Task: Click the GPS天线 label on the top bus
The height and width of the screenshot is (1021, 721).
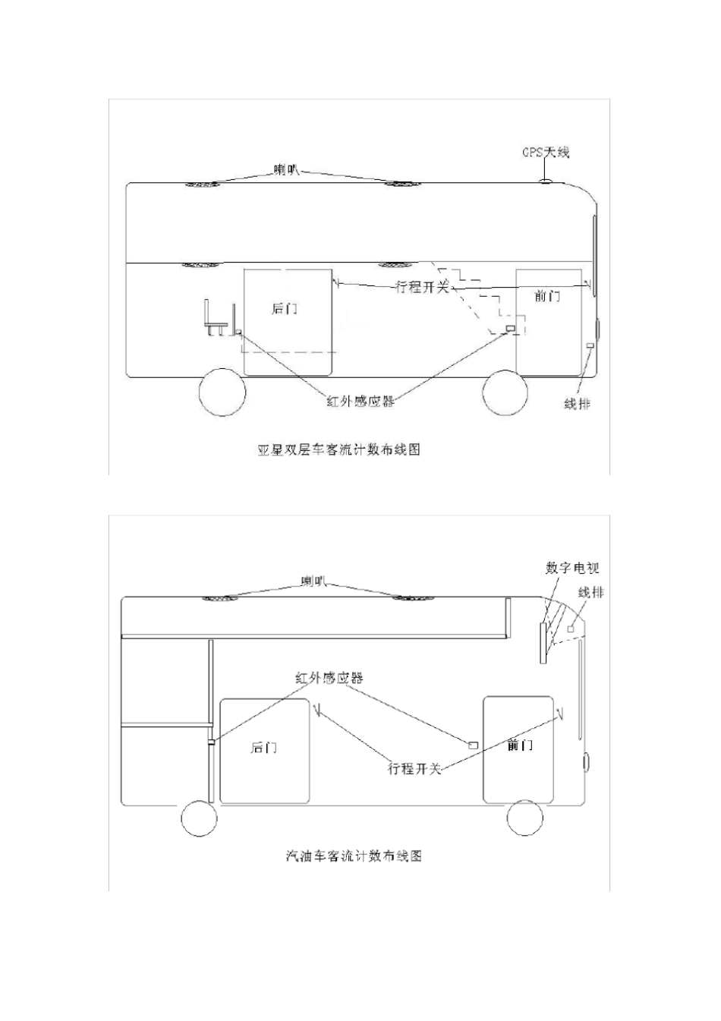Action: [546, 153]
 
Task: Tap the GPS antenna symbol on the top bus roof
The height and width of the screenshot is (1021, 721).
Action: [545, 181]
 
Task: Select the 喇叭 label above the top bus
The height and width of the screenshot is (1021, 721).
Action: [286, 170]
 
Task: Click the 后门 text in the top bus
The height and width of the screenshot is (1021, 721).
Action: [285, 309]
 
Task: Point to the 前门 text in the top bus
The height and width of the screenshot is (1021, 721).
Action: [547, 296]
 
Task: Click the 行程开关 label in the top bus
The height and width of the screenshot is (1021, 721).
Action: [423, 287]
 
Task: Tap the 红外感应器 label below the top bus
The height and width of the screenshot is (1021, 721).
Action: [360, 401]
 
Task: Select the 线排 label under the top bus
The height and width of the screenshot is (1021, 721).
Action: [578, 403]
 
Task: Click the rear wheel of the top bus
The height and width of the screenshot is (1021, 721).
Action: [223, 392]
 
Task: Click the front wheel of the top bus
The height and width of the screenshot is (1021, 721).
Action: [505, 392]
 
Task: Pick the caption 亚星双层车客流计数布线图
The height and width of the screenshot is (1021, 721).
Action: [338, 450]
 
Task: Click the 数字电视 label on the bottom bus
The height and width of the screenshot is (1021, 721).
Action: [572, 568]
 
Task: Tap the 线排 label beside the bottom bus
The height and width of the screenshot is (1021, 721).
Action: [591, 593]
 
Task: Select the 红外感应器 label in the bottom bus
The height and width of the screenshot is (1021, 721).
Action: [329, 678]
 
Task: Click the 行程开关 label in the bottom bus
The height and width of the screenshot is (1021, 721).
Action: [414, 769]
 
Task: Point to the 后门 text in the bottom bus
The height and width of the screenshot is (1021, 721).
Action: [264, 748]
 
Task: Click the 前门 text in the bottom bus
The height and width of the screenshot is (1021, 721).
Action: [520, 745]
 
